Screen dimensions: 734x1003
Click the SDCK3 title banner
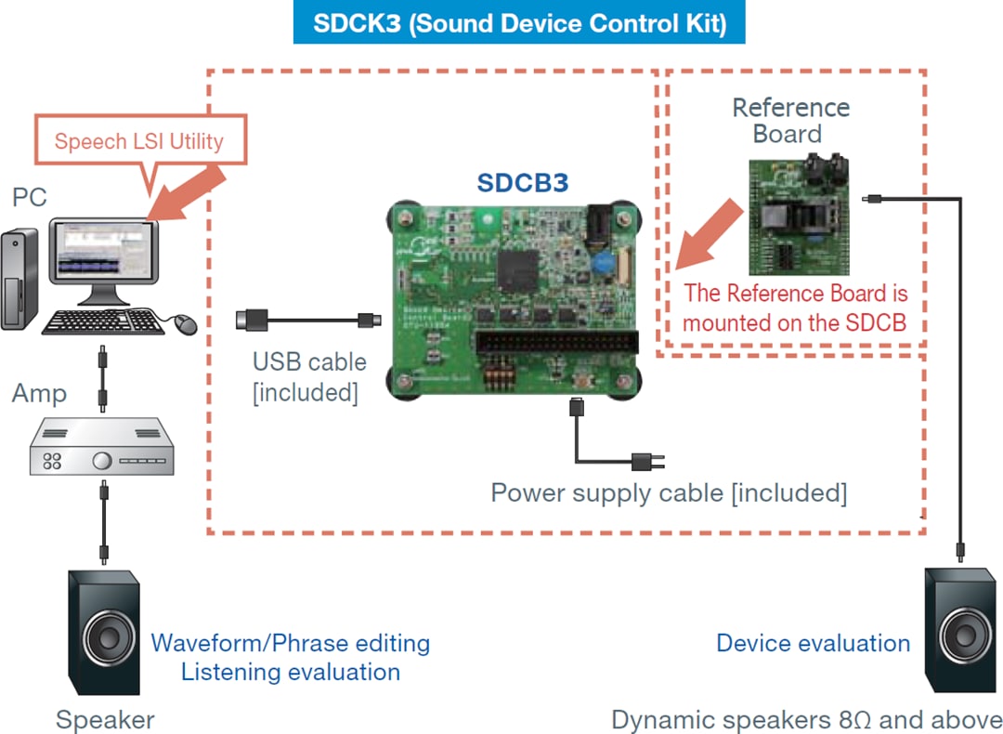pos(519,23)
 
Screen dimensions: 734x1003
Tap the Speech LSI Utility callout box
pos(139,141)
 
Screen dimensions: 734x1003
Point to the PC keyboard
pos(103,321)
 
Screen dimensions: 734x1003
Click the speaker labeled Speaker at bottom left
pos(105,632)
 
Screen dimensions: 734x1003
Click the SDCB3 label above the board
pos(522,183)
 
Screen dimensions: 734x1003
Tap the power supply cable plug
pos(642,461)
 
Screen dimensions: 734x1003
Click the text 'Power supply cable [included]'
pos(669,492)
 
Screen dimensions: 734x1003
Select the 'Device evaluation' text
pos(813,643)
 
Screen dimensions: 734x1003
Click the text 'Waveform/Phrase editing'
pos(291,643)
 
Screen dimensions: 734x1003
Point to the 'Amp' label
pos(39,393)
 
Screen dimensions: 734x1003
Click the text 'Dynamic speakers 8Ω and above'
pos(806,720)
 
